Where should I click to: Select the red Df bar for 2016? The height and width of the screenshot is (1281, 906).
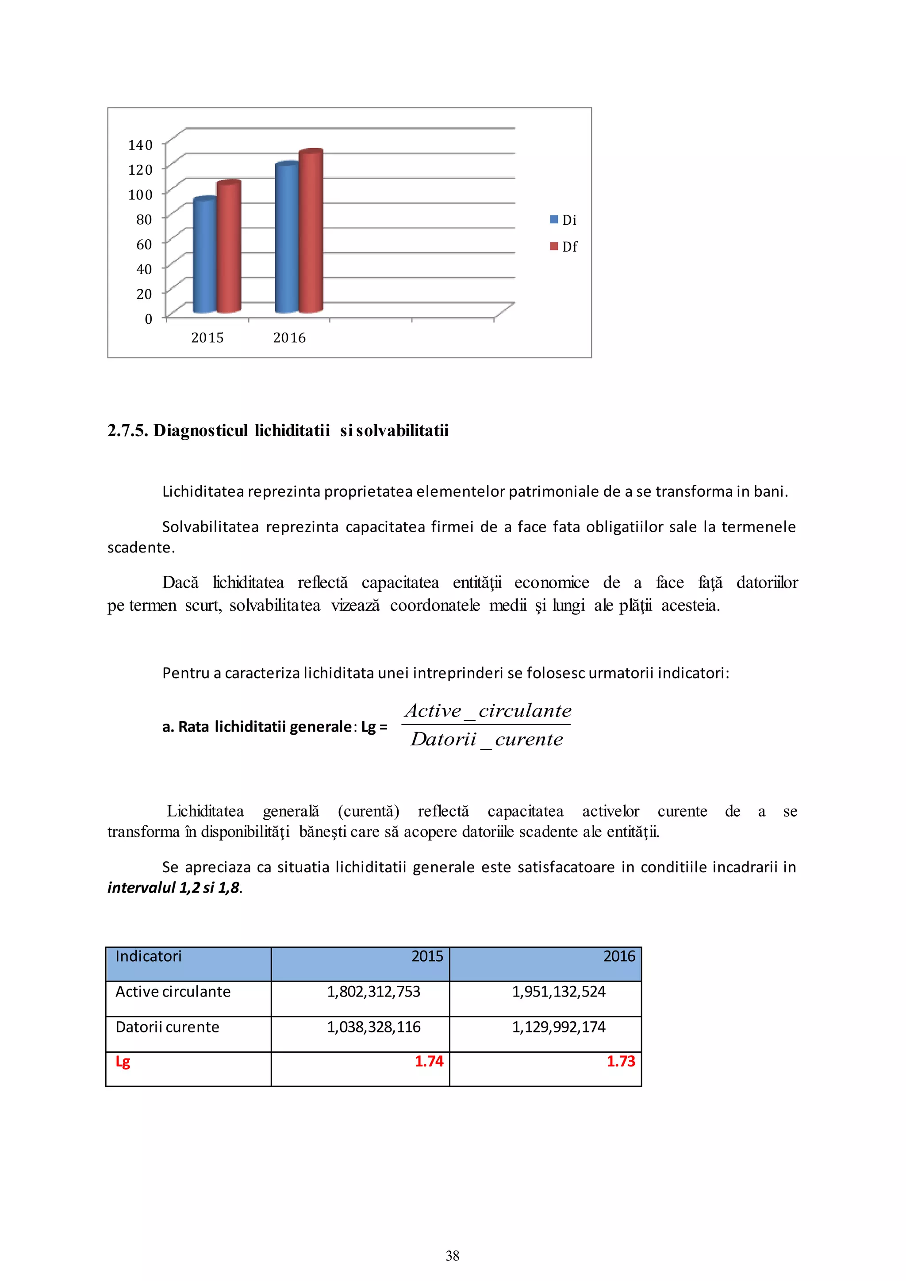(311, 231)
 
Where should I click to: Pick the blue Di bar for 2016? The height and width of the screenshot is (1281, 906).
(287, 239)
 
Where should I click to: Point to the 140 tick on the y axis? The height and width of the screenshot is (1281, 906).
(140, 145)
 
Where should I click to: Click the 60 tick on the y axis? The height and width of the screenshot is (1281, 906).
(144, 244)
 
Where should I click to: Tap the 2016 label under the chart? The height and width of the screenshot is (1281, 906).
(289, 338)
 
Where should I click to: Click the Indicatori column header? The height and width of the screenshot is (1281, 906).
(148, 956)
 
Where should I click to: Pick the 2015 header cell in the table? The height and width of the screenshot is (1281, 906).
(427, 956)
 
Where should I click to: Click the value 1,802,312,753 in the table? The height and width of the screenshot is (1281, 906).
(373, 991)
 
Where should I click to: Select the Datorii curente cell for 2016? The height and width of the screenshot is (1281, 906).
(558, 1027)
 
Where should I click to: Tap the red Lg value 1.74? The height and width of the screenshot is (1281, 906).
(429, 1061)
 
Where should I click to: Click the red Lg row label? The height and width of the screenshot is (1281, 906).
(123, 1062)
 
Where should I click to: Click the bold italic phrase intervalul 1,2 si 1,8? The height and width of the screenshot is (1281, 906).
(174, 888)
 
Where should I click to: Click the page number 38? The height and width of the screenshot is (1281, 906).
(453, 1255)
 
